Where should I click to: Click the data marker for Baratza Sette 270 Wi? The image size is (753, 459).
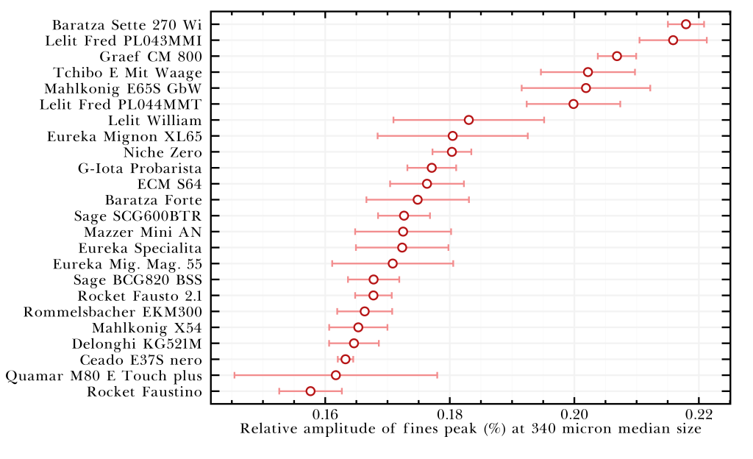coord(686,24)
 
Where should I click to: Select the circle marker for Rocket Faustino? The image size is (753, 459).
coord(310,391)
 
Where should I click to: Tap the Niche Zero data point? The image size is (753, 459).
coord(452,152)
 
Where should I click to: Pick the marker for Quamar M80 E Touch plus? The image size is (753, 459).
coord(336,375)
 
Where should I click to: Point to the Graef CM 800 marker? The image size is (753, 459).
coord(617,57)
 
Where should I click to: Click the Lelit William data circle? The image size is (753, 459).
coord(468,120)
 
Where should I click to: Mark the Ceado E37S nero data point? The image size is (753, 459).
coord(346,359)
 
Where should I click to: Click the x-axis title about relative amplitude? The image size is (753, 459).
coord(471,430)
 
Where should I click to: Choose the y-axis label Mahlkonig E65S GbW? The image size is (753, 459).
coord(123,88)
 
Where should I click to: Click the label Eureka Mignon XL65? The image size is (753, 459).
coord(124,136)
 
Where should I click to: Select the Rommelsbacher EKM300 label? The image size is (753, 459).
coord(113,312)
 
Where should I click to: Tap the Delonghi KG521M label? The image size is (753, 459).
coord(137,344)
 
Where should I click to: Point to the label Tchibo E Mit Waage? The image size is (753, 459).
coord(127,72)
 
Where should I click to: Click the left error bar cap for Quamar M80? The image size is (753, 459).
coord(235,375)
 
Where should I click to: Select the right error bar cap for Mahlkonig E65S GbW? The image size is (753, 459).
coord(650,88)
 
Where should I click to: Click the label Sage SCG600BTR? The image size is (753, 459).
coord(138,216)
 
